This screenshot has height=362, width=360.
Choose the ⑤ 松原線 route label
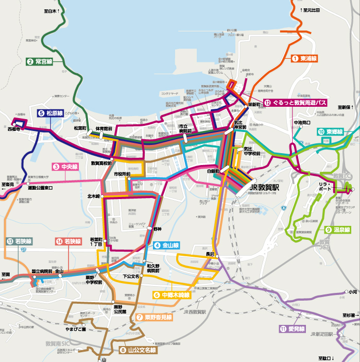coord(50,113)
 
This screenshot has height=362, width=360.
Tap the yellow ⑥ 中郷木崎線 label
coord(172,295)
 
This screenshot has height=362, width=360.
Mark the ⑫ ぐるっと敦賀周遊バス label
coord(296,103)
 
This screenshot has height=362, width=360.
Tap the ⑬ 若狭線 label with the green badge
coord(20,241)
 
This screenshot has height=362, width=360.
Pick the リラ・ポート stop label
coord(324,187)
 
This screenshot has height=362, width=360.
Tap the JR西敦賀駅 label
coord(194,312)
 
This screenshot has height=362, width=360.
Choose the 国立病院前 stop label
coord(42,271)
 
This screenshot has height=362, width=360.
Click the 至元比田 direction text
coord(311,10)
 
